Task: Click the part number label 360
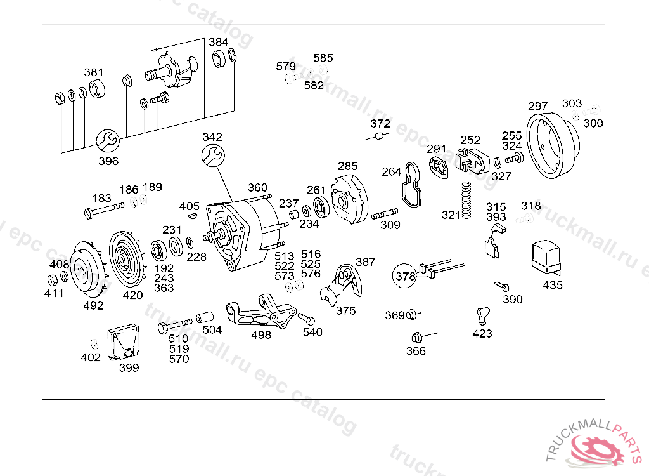[257, 188]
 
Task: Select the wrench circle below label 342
[213, 155]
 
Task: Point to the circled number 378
[404, 275]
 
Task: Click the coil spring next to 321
[466, 201]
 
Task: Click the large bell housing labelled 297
[553, 145]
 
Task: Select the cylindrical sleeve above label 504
[205, 317]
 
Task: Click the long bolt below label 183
[104, 210]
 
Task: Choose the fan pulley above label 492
[88, 270]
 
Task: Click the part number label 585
[323, 58]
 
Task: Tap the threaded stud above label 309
[385, 214]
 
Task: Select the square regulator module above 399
[124, 343]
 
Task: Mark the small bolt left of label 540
[306, 319]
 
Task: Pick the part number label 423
[482, 334]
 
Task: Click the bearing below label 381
[97, 89]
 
